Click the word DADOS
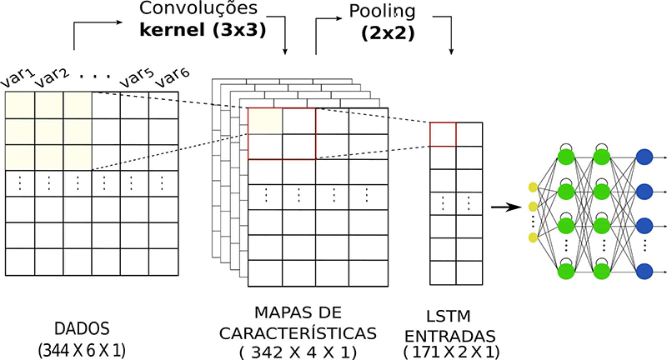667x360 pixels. click(79, 328)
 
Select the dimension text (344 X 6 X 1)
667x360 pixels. click(80, 350)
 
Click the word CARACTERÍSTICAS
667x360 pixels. click(298, 332)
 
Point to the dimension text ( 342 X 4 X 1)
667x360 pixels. click(298, 352)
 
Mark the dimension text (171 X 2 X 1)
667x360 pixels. click(451, 352)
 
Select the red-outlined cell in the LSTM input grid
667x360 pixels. click(442, 134)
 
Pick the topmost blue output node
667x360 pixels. click(644, 156)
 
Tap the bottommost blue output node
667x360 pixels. click(644, 271)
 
